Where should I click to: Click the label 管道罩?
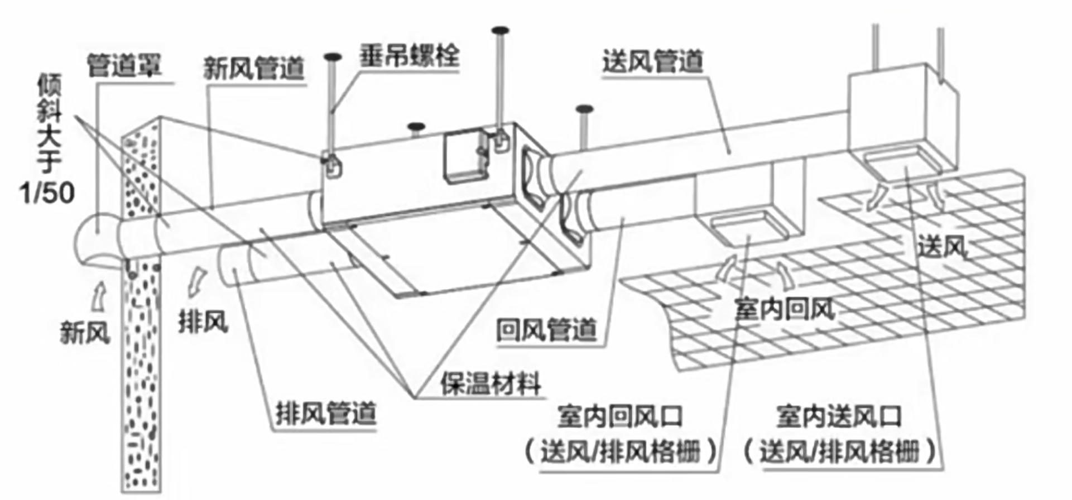click(124, 66)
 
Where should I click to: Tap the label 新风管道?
click(253, 69)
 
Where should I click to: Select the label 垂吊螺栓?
click(409, 56)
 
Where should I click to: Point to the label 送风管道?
click(652, 61)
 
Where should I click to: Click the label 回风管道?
click(546, 330)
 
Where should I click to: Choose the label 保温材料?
click(491, 384)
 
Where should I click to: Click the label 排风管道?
click(326, 414)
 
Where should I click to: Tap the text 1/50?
click(47, 193)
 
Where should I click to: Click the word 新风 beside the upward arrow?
click(85, 333)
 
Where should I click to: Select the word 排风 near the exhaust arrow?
click(203, 322)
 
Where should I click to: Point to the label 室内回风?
click(784, 309)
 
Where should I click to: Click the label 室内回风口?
click(619, 417)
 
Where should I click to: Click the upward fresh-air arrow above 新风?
click(99, 295)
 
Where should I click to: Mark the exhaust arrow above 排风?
click(197, 281)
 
